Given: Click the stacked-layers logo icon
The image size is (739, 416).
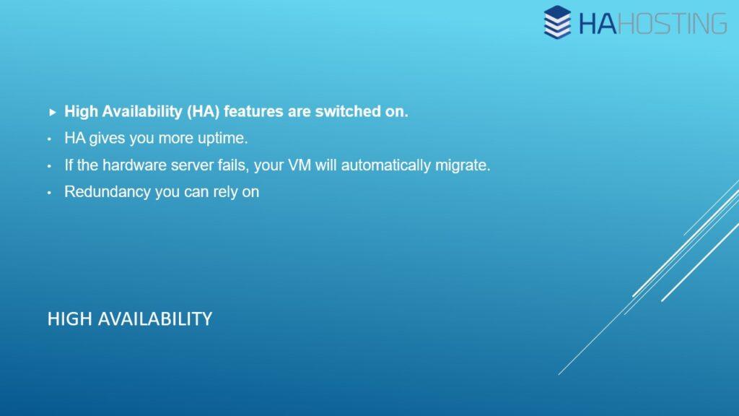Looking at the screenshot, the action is point(557,22).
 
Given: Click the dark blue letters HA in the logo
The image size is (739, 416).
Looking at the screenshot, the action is point(597,24).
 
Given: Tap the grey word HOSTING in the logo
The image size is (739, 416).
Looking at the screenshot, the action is point(673,24).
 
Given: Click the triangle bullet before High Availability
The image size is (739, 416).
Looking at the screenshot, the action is point(52,112).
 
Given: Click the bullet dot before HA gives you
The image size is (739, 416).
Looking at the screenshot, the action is point(49,139).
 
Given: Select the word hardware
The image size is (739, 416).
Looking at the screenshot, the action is point(134,165).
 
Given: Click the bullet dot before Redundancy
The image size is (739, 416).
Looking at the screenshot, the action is point(49,193).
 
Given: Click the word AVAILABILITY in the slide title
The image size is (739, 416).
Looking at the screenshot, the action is point(155,319).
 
